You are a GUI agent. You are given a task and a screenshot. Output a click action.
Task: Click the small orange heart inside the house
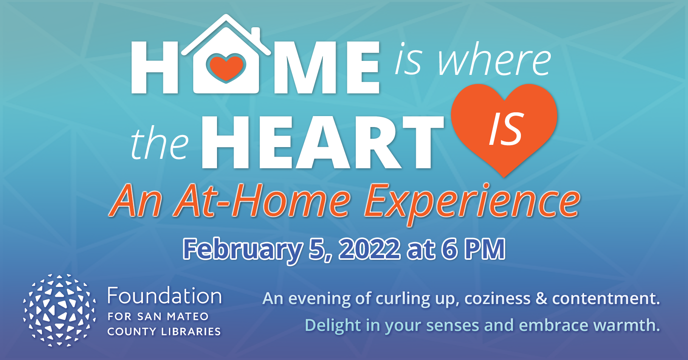[x=226, y=67]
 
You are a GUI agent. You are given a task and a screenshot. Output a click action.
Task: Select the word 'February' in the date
[x=242, y=250]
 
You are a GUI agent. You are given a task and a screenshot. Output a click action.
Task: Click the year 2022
[x=369, y=249]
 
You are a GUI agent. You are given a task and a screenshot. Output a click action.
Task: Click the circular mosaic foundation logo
[x=59, y=310]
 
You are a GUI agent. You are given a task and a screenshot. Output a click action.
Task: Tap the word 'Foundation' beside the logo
[x=164, y=296]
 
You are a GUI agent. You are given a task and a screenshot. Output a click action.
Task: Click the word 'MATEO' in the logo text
[x=188, y=316]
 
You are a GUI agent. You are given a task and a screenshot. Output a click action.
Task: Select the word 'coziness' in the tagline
[x=497, y=298]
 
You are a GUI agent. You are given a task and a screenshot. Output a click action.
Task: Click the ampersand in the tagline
[x=541, y=298]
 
